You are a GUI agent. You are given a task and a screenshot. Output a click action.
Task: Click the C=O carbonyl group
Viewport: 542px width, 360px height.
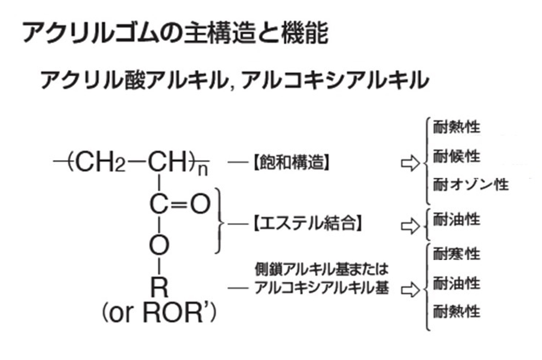coord(179,205)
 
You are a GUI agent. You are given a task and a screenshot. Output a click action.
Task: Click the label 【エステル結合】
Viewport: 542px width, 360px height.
coord(308,224)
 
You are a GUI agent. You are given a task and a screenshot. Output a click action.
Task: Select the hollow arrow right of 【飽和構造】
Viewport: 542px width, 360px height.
coord(410,164)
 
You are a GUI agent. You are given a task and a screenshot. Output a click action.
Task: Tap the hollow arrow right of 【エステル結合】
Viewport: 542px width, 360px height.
coord(410,225)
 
